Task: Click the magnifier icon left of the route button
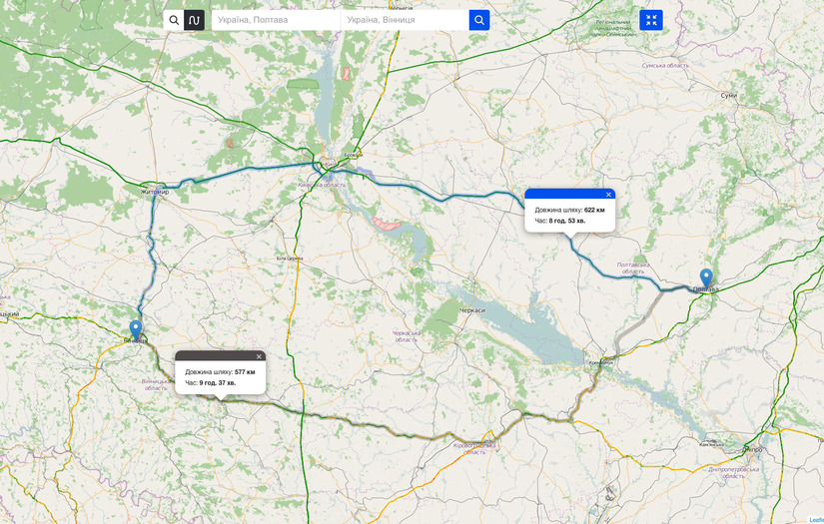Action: click(x=174, y=20)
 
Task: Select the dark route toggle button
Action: click(x=194, y=20)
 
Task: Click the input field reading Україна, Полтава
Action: click(x=275, y=20)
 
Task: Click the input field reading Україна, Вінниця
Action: click(x=404, y=20)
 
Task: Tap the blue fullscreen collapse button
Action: click(x=651, y=20)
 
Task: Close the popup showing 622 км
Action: click(x=608, y=195)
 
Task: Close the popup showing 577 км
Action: click(x=259, y=356)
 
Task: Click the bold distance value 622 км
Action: click(x=594, y=211)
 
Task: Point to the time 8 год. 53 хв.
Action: click(x=567, y=221)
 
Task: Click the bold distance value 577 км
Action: click(x=245, y=372)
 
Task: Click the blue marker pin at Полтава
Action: click(x=706, y=277)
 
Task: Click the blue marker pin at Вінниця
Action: click(x=136, y=328)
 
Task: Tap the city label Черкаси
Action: click(x=471, y=310)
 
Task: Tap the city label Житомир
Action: click(x=155, y=192)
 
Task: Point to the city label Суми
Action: click(x=728, y=95)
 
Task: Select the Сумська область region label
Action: click(x=665, y=65)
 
